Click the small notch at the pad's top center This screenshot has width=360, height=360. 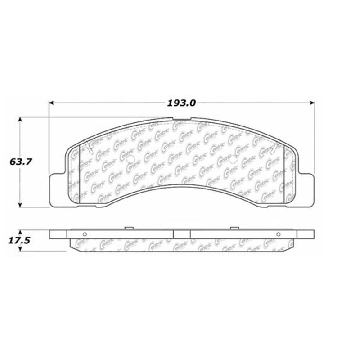179,120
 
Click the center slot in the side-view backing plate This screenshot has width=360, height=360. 182,234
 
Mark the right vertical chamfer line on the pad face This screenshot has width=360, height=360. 282,173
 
